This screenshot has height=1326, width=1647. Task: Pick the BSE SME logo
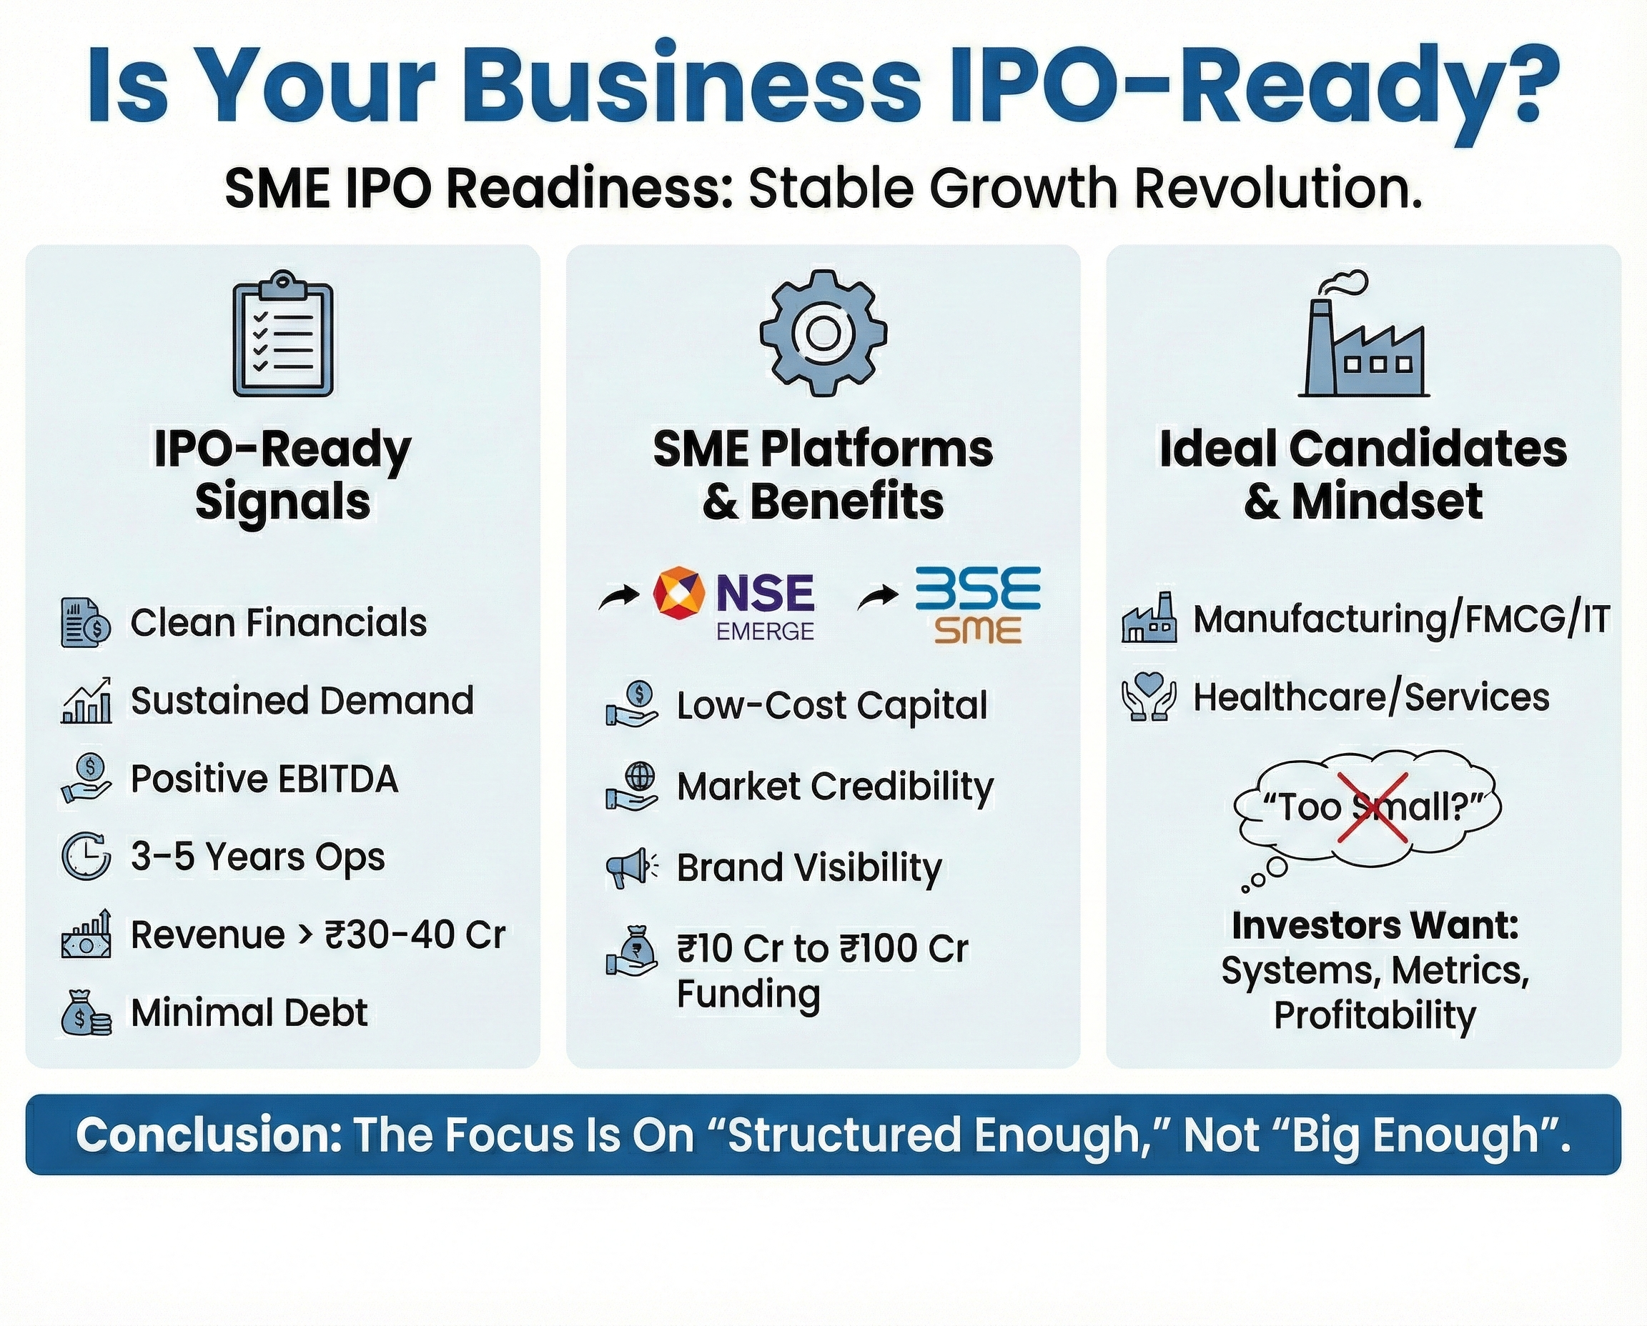[x=979, y=605]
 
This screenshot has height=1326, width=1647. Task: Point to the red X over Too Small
[x=1372, y=807]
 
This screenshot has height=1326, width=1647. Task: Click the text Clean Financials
[x=278, y=622]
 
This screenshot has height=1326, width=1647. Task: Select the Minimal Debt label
[x=249, y=1013]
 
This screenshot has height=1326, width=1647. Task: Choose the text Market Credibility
[x=836, y=787]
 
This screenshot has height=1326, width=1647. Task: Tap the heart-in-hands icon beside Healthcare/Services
[x=1149, y=697]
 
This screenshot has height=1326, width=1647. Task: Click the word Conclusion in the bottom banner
[x=208, y=1135]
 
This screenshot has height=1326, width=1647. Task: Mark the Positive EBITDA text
[x=264, y=779]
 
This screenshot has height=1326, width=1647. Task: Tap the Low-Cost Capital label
[x=832, y=705]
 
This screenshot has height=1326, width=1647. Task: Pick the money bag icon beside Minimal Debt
[x=86, y=1013]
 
